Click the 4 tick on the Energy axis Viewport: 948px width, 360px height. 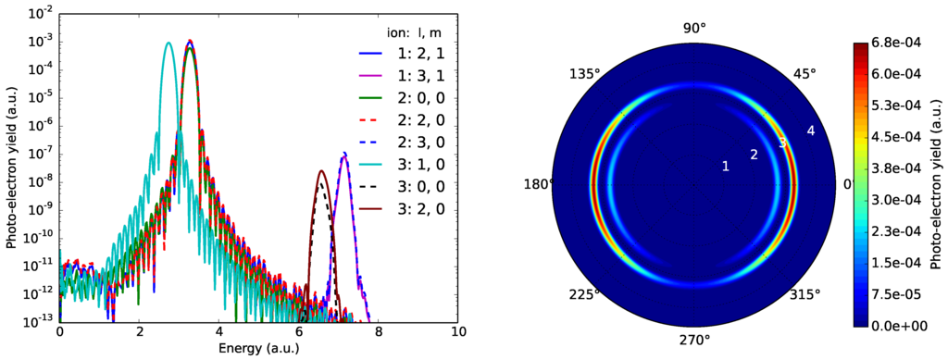pos(218,330)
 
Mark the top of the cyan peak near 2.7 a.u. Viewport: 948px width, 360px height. pos(168,43)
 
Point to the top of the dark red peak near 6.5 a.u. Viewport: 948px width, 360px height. pos(321,171)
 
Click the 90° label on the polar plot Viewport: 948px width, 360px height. pos(694,29)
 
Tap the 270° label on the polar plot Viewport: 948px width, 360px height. pos(694,340)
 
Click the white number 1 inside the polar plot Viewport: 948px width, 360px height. pos(726,166)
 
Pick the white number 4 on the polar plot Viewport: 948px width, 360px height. pos(811,131)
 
